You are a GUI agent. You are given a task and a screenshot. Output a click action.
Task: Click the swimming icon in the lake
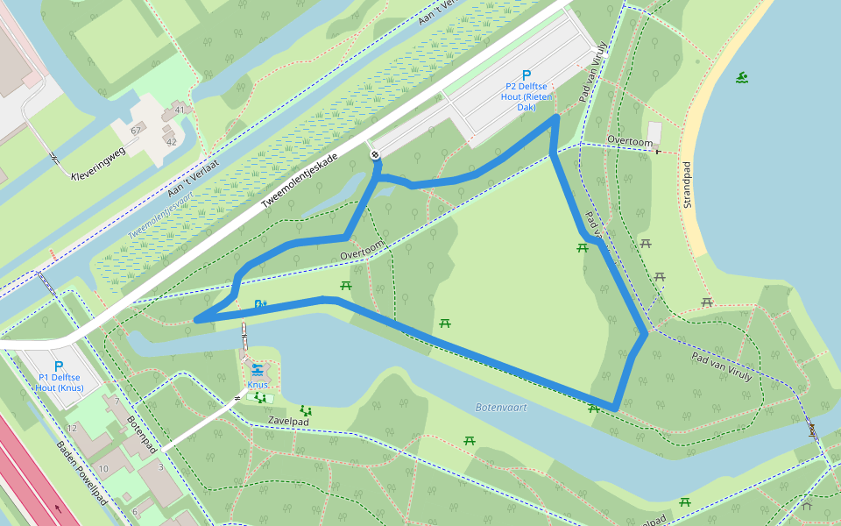tap(742, 78)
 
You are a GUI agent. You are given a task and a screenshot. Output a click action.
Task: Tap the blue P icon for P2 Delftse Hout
tap(527, 75)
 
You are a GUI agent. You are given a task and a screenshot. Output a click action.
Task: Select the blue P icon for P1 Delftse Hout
tap(59, 366)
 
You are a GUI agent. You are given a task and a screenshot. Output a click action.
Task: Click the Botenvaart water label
tap(498, 408)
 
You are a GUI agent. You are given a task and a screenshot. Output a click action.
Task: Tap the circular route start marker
tap(375, 155)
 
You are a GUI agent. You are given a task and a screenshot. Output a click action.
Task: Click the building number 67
tap(136, 130)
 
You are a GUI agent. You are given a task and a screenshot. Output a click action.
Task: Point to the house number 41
tap(180, 110)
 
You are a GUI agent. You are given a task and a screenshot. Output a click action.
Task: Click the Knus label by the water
tap(257, 385)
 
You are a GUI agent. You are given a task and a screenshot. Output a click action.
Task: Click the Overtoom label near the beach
tap(630, 141)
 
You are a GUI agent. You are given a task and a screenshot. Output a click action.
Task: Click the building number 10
tap(102, 469)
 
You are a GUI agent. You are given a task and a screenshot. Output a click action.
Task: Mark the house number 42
tap(171, 141)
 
